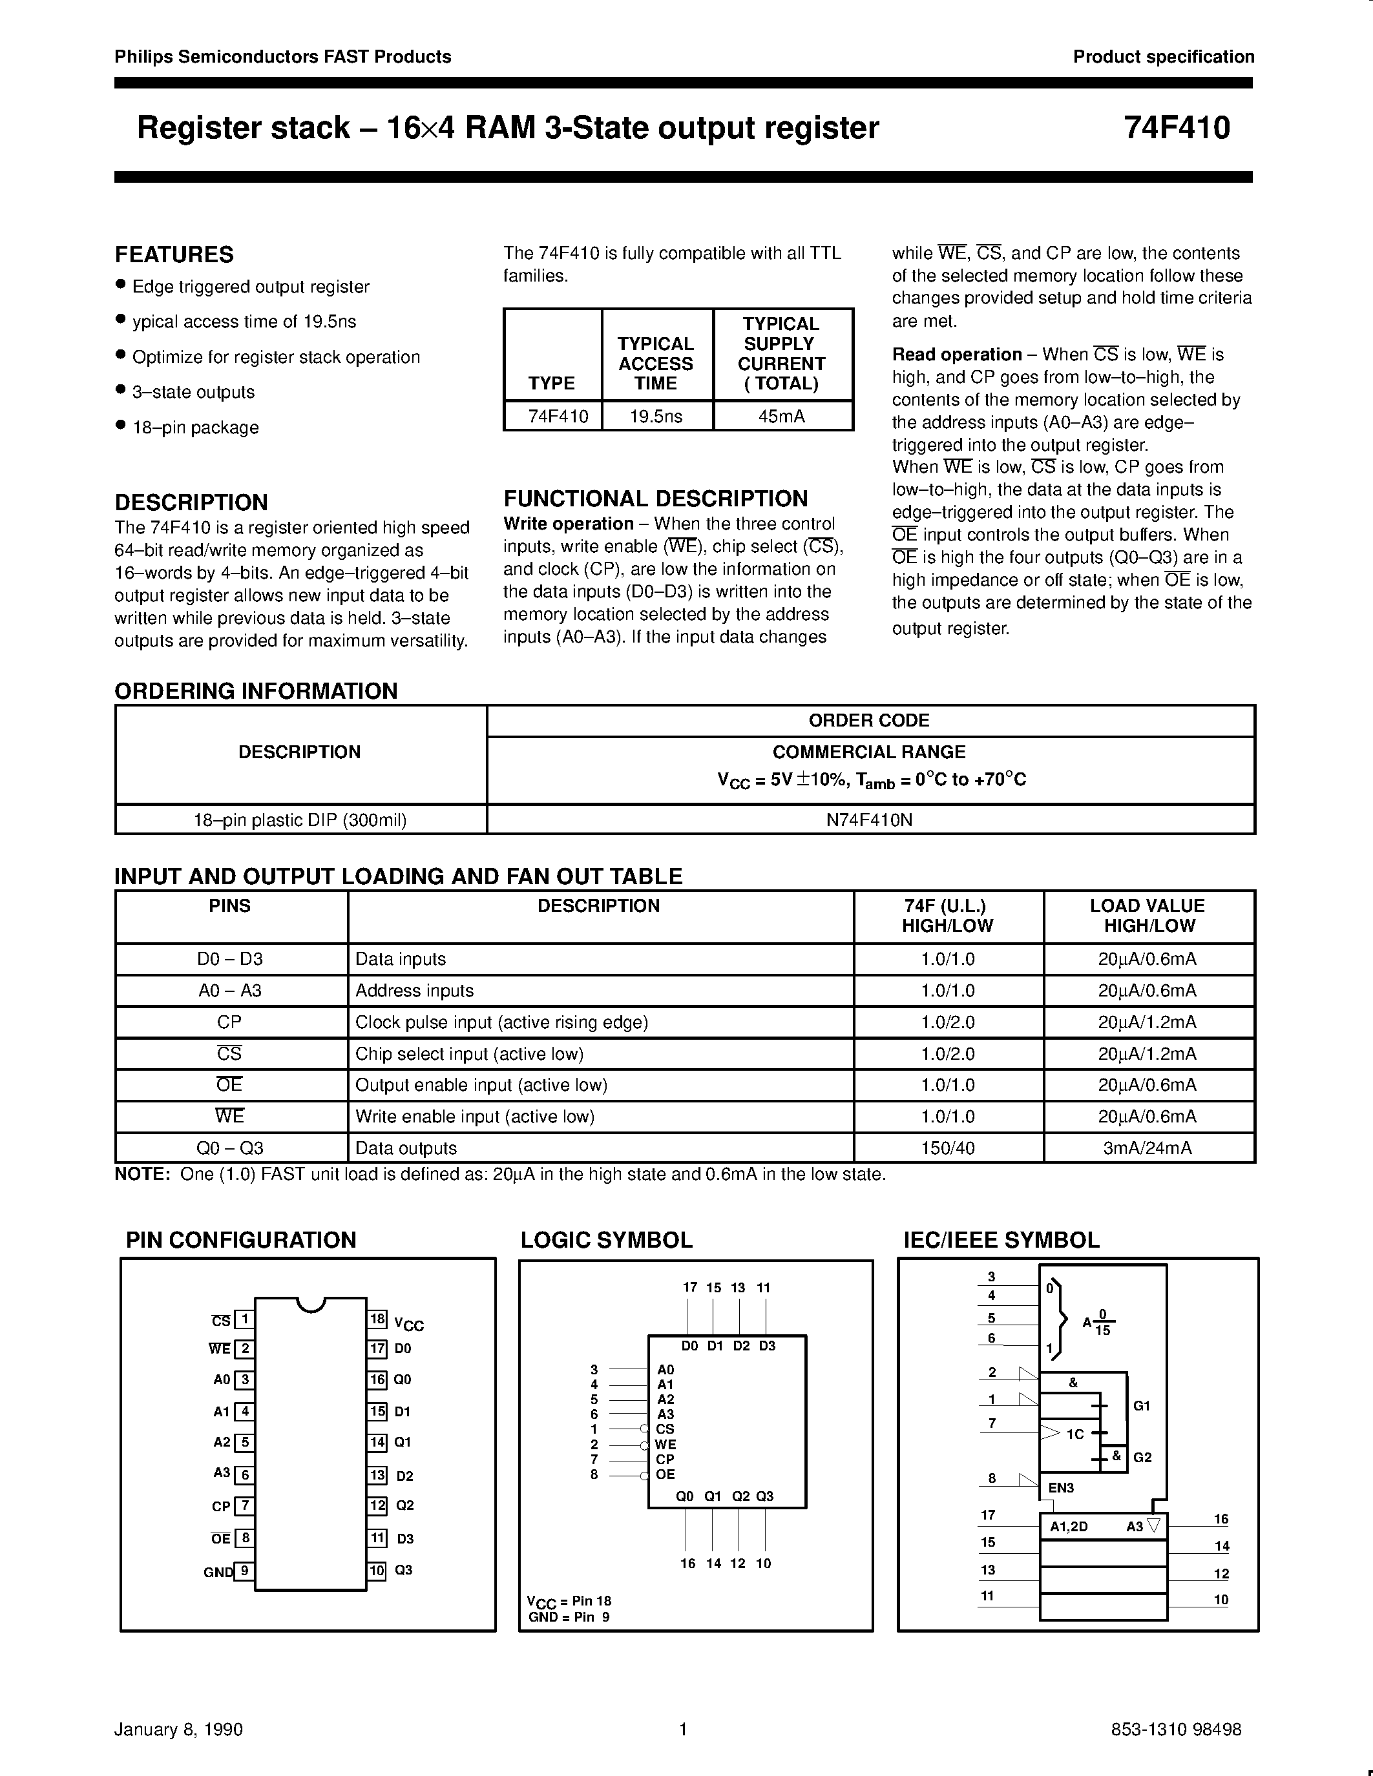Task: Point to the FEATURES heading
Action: [174, 254]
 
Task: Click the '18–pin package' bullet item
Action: [195, 428]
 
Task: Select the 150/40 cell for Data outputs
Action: [948, 1148]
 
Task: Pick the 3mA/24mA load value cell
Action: [1147, 1148]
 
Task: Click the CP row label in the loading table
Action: [229, 1022]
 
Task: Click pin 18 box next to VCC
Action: [377, 1319]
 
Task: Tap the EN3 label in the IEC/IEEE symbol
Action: [1061, 1488]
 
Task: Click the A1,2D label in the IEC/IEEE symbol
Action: [1069, 1526]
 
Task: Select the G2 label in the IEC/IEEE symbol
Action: [1142, 1457]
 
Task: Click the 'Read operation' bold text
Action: [956, 355]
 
